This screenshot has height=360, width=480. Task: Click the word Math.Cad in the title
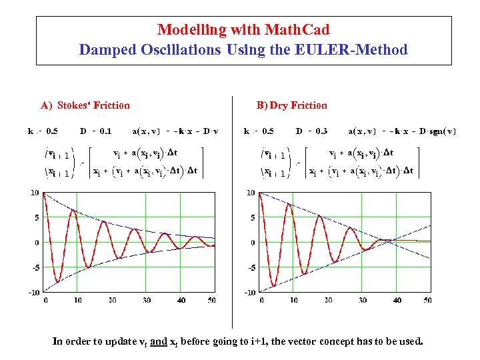click(x=297, y=29)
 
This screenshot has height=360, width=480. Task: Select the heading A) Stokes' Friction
click(x=85, y=105)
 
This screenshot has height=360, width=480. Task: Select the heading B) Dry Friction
click(x=292, y=105)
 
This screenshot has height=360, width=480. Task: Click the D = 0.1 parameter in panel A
click(x=96, y=131)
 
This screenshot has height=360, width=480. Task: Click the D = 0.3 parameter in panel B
click(x=312, y=131)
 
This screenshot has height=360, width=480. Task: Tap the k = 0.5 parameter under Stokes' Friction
click(x=43, y=131)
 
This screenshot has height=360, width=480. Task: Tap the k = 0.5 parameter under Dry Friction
click(x=259, y=131)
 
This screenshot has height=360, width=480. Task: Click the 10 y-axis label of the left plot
click(x=34, y=193)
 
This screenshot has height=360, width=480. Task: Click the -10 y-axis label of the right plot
click(x=249, y=293)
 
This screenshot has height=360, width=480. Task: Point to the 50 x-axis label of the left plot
click(x=211, y=301)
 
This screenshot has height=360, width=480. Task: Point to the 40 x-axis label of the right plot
click(x=397, y=301)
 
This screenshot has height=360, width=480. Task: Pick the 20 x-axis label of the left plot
click(x=112, y=301)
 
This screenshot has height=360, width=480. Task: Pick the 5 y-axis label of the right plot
click(x=252, y=218)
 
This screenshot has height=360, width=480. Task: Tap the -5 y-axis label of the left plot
click(x=33, y=268)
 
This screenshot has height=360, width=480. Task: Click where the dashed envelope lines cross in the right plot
click(x=389, y=240)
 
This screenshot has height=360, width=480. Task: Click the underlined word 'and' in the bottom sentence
click(x=159, y=342)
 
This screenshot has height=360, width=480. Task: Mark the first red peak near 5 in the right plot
click(x=289, y=204)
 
